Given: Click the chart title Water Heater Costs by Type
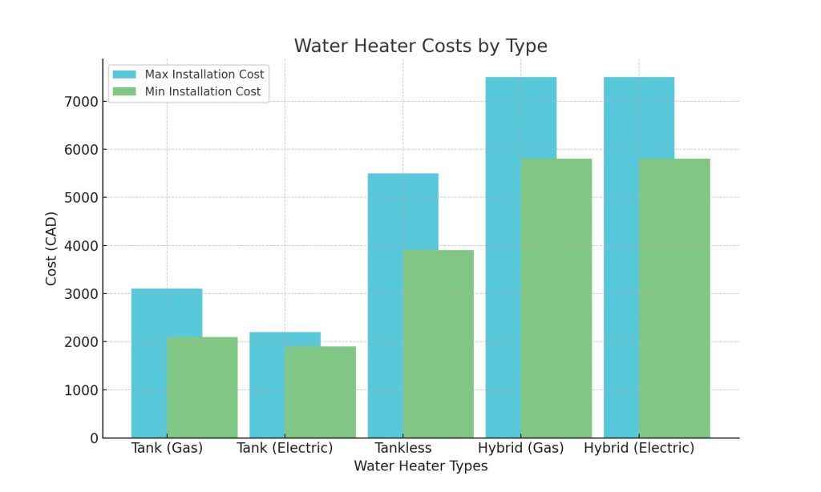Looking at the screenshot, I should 420,46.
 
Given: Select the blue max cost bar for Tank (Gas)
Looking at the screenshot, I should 149,313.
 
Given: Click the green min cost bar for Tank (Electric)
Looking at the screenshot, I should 320,392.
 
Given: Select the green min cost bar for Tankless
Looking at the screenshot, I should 438,344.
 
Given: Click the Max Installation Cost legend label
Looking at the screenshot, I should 204,75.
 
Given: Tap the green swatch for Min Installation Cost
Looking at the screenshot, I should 124,92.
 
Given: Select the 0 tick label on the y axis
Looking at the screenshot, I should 93,438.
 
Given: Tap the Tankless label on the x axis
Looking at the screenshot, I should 402,448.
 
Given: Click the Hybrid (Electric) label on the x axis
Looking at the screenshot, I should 639,448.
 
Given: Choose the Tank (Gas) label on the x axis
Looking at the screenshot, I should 167,448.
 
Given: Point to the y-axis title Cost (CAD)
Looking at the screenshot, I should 51,248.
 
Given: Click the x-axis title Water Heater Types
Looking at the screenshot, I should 420,466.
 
